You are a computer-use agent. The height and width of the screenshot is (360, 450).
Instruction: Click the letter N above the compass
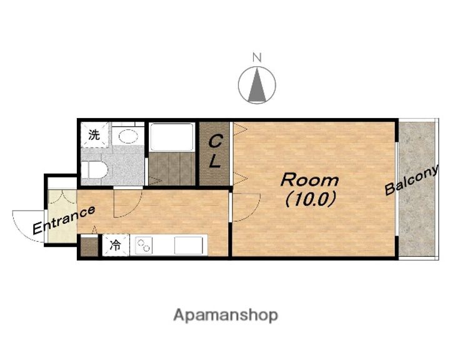point(257,57)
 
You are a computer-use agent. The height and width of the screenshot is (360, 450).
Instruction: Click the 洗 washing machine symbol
point(94,135)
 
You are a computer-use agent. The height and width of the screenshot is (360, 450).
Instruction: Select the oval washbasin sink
point(128,136)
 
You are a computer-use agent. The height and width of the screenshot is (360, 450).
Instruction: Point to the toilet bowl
point(94,170)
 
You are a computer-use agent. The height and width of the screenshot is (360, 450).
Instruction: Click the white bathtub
point(172,137)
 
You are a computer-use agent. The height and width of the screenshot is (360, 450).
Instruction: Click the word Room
point(309,180)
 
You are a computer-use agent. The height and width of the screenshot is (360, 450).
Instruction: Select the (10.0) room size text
point(310,199)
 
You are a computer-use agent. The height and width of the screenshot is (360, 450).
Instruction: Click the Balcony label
point(412,180)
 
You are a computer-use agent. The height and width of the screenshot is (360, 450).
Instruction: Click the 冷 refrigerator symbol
point(116,246)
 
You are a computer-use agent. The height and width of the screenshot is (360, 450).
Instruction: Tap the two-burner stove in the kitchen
point(144,246)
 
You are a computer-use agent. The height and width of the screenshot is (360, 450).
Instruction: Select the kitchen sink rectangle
point(188,246)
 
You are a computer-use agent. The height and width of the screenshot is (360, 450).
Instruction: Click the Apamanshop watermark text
point(226,316)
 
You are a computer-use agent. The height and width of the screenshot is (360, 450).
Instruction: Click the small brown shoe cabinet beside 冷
point(89,246)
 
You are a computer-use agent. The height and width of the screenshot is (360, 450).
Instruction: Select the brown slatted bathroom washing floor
point(172,169)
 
